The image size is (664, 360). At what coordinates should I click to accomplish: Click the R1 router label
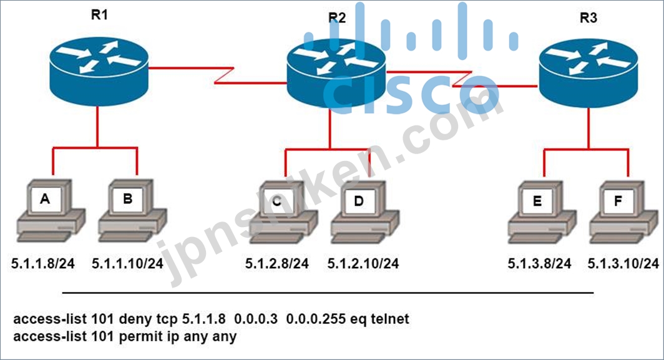99,15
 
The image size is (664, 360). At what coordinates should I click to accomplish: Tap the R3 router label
588,18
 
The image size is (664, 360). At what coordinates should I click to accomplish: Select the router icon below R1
99,71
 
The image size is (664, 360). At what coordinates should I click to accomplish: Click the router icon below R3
588,74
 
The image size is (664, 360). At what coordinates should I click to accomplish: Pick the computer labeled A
51,211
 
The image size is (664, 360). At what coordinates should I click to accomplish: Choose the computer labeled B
132,211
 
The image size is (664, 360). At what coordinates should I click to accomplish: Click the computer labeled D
364,213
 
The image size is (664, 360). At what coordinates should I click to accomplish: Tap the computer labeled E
542,213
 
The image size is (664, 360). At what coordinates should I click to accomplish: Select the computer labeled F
624,213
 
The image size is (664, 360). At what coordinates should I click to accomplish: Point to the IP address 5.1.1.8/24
43,263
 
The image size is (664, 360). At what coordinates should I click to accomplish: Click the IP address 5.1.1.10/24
127,263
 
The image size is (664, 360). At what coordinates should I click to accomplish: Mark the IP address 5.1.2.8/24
277,263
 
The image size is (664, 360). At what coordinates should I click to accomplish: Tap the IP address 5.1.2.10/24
363,263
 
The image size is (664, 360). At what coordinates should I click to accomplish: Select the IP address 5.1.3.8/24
539,263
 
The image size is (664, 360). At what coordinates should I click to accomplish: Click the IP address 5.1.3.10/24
623,263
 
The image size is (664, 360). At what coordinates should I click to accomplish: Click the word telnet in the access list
390,318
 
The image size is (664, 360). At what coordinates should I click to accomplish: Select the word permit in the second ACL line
136,337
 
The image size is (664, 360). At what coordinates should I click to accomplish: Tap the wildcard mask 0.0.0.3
256,318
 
